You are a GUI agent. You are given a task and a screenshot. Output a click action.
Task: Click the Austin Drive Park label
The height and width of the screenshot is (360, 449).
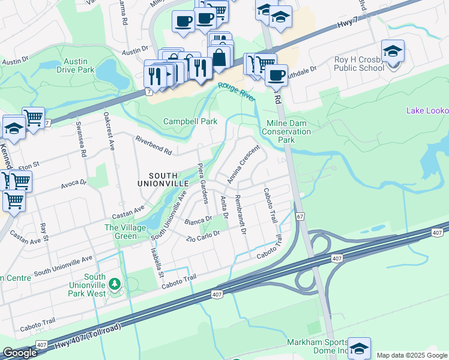coord(76,65)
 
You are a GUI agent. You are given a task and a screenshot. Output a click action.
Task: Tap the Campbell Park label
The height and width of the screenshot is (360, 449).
coord(190,121)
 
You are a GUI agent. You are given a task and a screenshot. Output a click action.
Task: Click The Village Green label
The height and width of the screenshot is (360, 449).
coord(125,232)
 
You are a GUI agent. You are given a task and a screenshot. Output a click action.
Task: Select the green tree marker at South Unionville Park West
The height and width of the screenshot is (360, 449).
coord(115,283)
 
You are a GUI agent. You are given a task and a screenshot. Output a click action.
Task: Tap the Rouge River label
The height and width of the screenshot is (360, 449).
coord(236,91)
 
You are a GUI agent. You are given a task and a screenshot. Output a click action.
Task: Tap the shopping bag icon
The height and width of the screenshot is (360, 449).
coord(220,58)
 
